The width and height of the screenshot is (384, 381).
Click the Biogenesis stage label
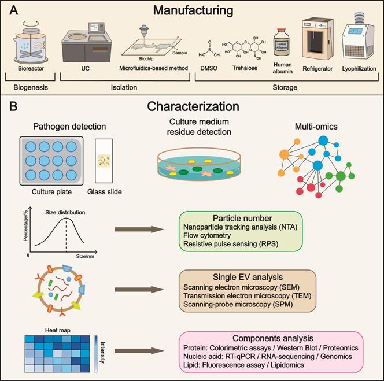click(30, 88)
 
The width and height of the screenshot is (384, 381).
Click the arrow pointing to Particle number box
click(139, 230)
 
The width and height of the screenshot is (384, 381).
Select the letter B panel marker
click(13, 108)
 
